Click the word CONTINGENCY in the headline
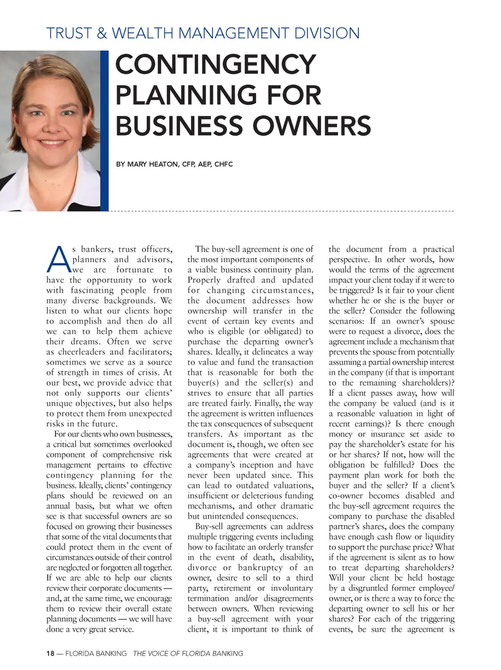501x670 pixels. pos(216,65)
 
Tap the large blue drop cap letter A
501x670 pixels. pos(57,260)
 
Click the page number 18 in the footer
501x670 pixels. pos(50,653)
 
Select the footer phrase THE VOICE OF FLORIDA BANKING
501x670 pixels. pos(188,653)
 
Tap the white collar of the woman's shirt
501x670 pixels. pos(21,188)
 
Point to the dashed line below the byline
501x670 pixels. pos(282,211)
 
